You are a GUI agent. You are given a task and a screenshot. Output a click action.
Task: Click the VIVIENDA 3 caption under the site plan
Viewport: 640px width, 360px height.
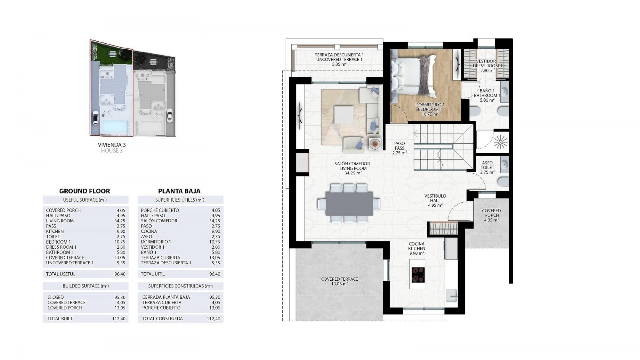112,145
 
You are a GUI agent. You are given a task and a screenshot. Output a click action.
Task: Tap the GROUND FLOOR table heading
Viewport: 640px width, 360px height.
84,191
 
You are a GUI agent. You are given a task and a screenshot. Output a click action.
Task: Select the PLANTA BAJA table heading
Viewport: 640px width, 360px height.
179,191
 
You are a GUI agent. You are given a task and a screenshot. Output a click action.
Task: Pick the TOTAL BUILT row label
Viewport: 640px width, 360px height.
60,319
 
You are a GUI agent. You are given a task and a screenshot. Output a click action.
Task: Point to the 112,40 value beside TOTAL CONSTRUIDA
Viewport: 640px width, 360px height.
213,319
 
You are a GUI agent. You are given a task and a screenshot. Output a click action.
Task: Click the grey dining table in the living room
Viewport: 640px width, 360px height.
349,204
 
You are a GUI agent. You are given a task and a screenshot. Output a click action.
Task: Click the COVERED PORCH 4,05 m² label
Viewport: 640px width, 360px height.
491,215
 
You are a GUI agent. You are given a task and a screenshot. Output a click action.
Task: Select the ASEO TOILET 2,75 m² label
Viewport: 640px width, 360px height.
487,167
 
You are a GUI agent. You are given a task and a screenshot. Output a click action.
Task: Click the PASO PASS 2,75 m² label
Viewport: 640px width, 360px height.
399,148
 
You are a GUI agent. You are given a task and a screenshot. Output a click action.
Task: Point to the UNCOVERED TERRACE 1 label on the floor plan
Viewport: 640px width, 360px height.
339,59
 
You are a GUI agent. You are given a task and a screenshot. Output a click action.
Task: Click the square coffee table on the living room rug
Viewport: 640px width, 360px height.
344,114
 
